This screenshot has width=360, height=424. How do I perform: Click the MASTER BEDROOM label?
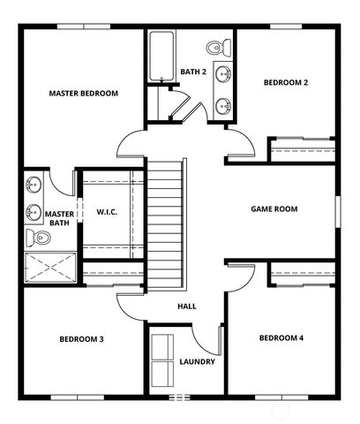click(84, 93)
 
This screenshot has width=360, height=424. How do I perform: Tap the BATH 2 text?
click(193, 72)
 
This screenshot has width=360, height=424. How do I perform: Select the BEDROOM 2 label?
click(286, 83)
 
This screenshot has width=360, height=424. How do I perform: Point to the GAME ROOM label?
click(274, 209)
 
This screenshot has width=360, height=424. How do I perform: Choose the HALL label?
click(186, 307)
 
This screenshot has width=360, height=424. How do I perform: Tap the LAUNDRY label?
click(197, 360)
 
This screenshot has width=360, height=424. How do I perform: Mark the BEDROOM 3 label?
click(82, 339)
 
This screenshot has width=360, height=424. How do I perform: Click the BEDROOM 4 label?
click(281, 338)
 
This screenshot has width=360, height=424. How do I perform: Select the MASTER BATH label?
click(59, 218)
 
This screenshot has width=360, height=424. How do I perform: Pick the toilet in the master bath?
click(34, 237)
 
